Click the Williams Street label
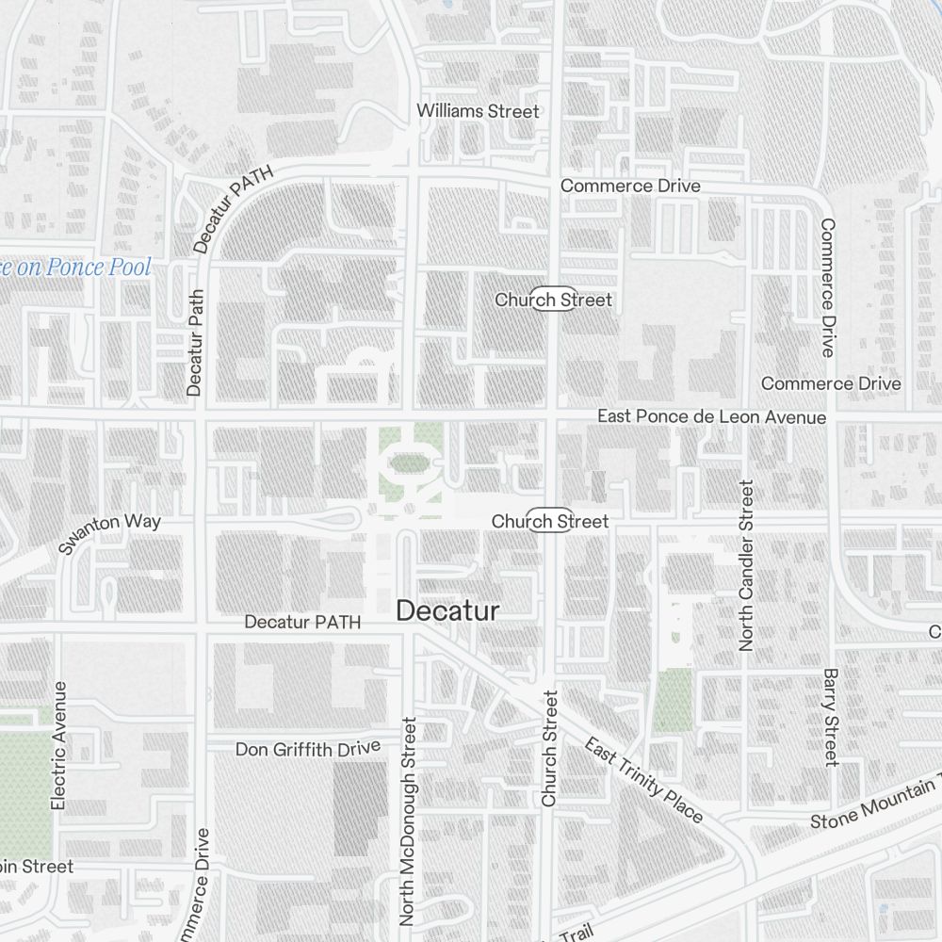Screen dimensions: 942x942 (479, 111)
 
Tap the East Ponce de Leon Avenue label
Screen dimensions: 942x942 (712, 417)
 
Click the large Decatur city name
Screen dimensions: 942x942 (447, 610)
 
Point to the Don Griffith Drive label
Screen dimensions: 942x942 (308, 749)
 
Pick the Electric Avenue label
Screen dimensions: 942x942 (59, 745)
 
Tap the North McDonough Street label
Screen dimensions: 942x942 (409, 821)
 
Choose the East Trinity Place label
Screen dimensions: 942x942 (643, 781)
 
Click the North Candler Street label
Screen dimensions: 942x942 (747, 565)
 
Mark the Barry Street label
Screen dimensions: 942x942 (830, 717)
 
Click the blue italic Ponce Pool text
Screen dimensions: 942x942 (75, 268)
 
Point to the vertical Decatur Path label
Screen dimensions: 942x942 (195, 341)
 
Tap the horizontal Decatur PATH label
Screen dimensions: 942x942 (302, 623)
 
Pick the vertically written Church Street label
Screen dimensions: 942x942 (550, 748)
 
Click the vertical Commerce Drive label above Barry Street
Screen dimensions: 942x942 (828, 287)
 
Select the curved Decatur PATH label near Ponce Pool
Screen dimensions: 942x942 (232, 210)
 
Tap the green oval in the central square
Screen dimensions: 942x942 (406, 463)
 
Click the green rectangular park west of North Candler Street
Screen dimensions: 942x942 (674, 700)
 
